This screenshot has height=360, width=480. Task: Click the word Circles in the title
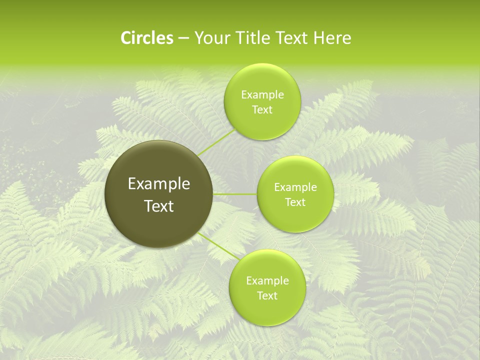[146, 38]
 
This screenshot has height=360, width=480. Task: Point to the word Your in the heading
[210, 38]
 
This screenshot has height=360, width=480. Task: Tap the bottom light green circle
[267, 310]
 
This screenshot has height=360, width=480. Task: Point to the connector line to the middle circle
[235, 194]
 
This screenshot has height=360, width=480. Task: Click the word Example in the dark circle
[159, 184]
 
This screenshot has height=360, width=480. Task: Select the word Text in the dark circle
[159, 206]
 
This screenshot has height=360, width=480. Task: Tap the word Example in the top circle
[262, 94]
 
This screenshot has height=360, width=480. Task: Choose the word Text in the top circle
[262, 109]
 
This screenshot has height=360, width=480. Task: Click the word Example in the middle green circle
[295, 187]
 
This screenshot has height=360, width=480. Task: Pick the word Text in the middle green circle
[295, 202]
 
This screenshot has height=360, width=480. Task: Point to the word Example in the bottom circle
[267, 280]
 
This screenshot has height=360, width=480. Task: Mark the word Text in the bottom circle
[267, 295]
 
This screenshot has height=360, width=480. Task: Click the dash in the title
[183, 38]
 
